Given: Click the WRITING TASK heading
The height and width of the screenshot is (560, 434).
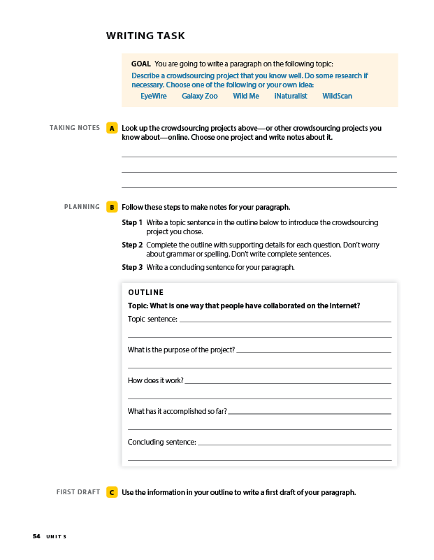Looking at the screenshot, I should [x=145, y=36].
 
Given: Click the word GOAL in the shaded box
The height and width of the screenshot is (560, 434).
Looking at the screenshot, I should [x=140, y=64].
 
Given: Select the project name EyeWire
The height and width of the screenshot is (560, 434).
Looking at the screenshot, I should [x=154, y=96].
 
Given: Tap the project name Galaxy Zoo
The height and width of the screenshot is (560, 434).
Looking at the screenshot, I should [x=200, y=96].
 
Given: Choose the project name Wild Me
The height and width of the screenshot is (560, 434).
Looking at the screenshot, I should [x=246, y=96].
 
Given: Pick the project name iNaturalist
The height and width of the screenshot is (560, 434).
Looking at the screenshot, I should [x=291, y=96].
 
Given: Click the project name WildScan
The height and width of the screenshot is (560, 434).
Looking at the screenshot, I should [x=337, y=96].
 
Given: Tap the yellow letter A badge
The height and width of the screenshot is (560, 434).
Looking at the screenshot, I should [x=112, y=129].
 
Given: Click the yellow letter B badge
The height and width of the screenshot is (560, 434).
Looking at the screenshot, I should [x=112, y=207].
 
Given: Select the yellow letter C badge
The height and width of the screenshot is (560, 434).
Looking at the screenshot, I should [x=112, y=492].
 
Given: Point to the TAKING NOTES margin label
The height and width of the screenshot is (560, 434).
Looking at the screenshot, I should [x=75, y=128].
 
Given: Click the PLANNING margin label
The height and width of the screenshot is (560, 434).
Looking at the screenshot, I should [x=82, y=207].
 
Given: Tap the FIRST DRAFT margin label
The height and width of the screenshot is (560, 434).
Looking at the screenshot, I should [x=78, y=492].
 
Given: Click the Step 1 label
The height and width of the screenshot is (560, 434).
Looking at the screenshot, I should [x=132, y=222].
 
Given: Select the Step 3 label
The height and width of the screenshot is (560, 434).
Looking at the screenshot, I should [x=132, y=267].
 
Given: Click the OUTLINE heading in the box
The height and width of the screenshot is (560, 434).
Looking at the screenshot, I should [x=145, y=293].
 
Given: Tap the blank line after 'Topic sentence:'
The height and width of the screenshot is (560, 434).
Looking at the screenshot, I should [x=285, y=320].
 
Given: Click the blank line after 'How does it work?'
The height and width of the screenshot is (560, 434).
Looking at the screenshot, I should [x=287, y=382].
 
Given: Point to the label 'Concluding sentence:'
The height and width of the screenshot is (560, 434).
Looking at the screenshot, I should [x=161, y=442].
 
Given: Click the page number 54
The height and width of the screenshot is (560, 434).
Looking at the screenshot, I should [x=36, y=536].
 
